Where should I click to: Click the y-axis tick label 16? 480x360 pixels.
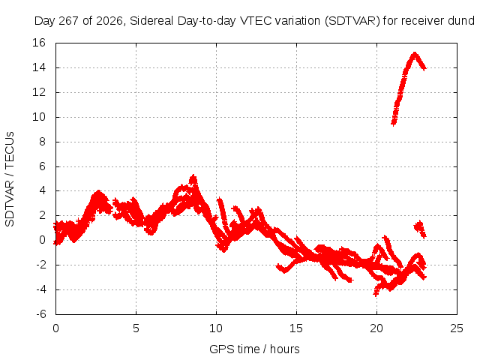point(39,43)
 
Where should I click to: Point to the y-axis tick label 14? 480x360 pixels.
point(39,67)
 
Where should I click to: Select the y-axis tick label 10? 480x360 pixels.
point(39,117)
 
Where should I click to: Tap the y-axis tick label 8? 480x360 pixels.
point(42,142)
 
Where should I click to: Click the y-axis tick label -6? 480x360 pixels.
point(40,314)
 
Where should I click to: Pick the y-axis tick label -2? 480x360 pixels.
point(40,265)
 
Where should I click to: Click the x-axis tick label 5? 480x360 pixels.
point(136,328)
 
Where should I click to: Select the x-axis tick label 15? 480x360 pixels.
point(296,328)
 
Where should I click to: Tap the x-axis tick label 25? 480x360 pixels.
point(457,328)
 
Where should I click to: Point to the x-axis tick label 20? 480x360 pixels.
point(376,328)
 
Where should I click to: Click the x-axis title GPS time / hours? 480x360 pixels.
point(254,349)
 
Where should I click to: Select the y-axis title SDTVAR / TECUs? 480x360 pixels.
point(10,179)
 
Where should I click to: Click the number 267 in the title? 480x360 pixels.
point(68,21)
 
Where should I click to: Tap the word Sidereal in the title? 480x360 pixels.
point(151,21)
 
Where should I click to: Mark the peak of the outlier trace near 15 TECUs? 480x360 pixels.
point(415,53)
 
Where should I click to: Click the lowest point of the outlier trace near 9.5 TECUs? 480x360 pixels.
point(393,124)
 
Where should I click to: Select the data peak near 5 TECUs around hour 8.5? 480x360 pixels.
point(193,176)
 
